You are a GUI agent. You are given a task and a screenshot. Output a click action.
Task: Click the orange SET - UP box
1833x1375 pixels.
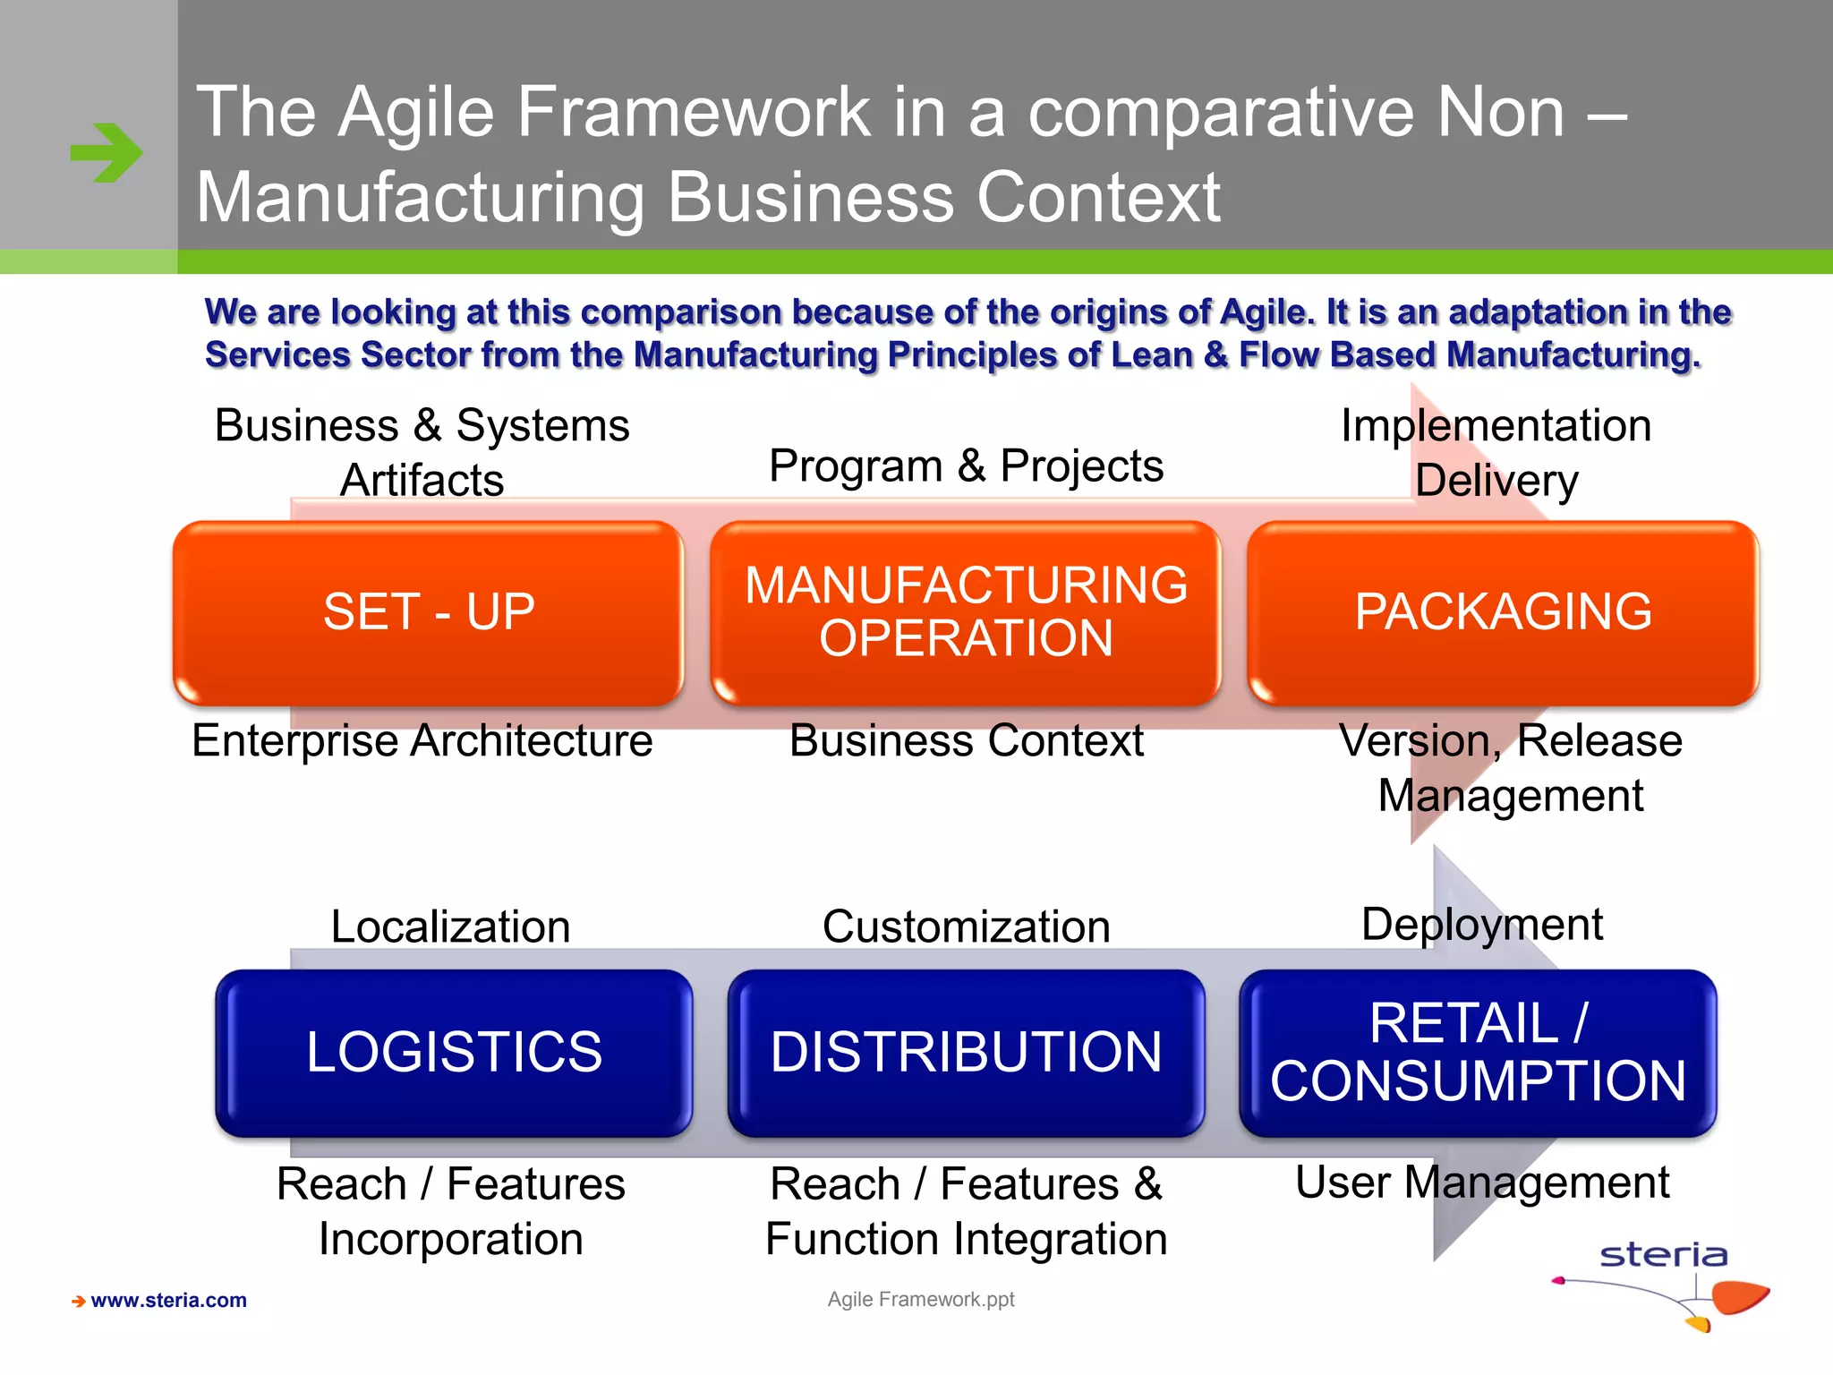(429, 613)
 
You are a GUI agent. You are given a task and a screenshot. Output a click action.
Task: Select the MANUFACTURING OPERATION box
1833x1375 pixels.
(966, 613)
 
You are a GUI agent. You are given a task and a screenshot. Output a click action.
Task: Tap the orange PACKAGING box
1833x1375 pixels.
(1503, 613)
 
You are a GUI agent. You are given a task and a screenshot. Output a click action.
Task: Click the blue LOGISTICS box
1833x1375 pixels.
(454, 1053)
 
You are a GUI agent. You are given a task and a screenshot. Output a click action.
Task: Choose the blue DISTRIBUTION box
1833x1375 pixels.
(966, 1053)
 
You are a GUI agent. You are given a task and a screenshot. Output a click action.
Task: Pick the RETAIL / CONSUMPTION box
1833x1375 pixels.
(1478, 1053)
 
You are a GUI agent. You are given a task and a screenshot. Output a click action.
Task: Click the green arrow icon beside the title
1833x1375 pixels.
(107, 153)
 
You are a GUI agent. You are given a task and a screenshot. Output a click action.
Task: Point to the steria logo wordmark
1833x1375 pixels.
(1663, 1255)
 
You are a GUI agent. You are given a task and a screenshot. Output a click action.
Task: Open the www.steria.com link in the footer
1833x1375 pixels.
(168, 1301)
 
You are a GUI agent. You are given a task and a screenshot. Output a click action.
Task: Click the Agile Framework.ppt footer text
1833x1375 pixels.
(921, 1299)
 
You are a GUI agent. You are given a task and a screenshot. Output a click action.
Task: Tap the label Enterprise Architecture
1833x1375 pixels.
(422, 741)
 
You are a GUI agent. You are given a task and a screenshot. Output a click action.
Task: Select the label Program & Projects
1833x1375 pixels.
(966, 466)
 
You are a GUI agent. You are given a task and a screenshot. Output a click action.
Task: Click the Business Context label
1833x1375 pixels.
(966, 741)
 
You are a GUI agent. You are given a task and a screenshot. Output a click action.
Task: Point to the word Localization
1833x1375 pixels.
(450, 927)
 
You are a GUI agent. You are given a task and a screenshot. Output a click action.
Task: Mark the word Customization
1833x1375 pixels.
(966, 927)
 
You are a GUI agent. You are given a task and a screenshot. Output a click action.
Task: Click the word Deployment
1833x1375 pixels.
(1481, 925)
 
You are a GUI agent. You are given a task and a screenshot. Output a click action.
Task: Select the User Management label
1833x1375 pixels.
(1481, 1183)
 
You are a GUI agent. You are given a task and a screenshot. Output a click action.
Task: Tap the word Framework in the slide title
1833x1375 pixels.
(693, 113)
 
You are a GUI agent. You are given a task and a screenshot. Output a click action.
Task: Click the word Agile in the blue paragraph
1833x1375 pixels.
(1266, 312)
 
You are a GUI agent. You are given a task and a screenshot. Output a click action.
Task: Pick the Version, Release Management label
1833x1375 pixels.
(1510, 768)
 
